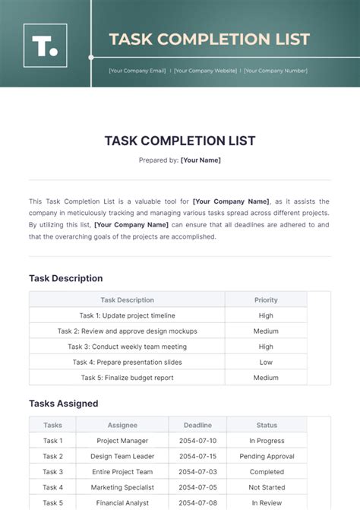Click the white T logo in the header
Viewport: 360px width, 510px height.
45,46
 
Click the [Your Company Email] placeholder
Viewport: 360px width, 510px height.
137,71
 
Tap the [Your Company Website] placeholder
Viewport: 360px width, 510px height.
206,71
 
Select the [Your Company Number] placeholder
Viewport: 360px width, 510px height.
274,71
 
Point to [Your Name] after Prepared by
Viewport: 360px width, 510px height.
201,160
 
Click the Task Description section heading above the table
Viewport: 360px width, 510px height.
65,278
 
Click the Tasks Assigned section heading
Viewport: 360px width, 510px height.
64,404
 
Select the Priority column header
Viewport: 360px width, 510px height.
266,300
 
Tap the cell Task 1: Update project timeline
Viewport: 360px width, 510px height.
127,315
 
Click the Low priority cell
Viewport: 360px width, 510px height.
266,363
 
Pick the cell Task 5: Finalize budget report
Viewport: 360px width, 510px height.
127,378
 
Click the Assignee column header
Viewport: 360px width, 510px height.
122,426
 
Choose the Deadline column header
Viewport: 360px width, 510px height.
197,426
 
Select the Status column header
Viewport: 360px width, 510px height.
267,426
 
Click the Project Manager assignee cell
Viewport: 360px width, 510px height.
122,441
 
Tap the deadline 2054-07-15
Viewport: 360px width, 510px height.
197,456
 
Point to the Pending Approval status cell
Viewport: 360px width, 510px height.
267,456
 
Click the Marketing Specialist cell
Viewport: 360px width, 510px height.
122,487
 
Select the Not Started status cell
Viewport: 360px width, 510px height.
267,487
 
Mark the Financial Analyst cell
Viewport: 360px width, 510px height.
122,502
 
